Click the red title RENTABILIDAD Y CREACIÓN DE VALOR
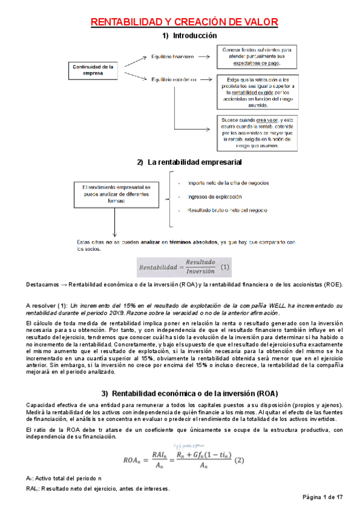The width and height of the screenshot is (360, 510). pyautogui.click(x=184, y=22)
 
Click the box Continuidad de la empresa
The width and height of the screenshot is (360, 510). pyautogui.click(x=93, y=70)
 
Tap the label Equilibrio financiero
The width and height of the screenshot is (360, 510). pyautogui.click(x=172, y=57)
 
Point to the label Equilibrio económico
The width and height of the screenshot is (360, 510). pyautogui.click(x=174, y=79)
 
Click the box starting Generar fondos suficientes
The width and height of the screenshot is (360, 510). pyautogui.click(x=256, y=56)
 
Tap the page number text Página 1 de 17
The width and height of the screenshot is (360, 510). pyautogui.click(x=323, y=497)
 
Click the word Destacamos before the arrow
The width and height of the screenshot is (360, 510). pyautogui.click(x=42, y=284)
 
